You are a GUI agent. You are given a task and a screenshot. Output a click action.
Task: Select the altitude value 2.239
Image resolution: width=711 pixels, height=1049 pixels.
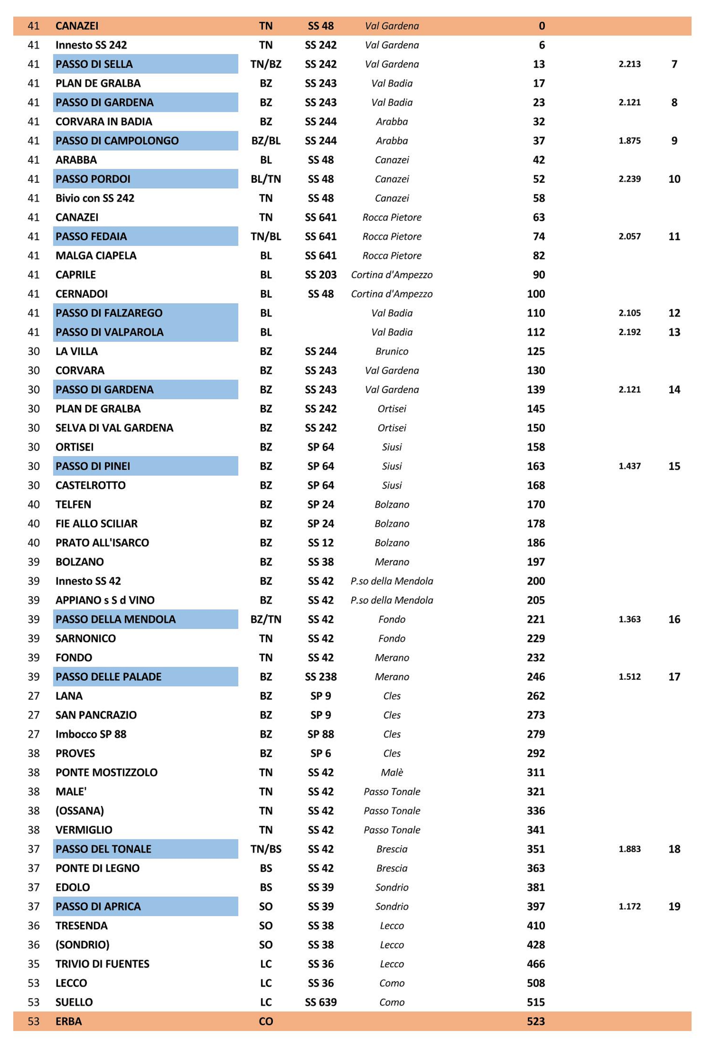click(629, 179)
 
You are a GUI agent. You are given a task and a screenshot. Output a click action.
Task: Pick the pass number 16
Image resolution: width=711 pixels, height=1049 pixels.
click(674, 619)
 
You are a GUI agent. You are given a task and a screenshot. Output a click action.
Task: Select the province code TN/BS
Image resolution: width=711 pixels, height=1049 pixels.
click(266, 849)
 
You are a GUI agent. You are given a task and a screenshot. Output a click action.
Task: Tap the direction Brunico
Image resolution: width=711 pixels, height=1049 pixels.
click(391, 351)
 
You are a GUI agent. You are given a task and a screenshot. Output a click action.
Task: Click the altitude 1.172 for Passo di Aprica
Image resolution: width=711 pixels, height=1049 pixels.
click(629, 906)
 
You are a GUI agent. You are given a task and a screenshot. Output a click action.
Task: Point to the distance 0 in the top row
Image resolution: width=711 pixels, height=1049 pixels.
click(542, 26)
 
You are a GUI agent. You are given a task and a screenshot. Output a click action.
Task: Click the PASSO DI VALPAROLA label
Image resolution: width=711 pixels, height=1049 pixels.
click(109, 332)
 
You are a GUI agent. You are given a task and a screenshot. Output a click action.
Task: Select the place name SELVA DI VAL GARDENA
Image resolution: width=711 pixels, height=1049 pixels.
click(114, 428)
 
